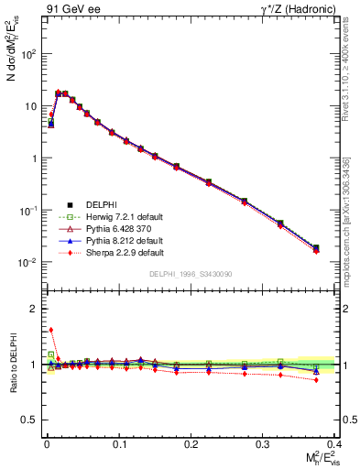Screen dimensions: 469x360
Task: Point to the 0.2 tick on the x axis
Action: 189,442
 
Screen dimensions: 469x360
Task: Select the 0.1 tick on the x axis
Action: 117,442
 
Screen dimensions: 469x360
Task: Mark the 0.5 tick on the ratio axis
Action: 33,420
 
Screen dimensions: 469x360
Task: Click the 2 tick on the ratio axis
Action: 35,309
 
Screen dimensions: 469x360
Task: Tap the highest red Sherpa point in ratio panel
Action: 51,330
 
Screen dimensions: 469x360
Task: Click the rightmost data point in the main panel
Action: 316,247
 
